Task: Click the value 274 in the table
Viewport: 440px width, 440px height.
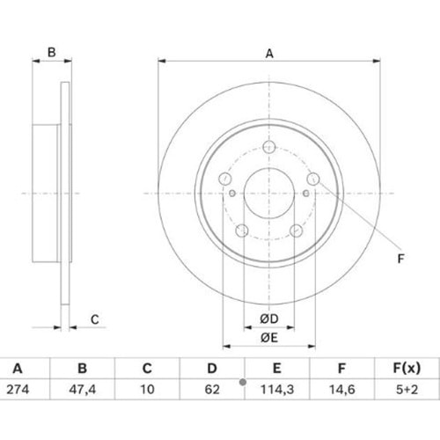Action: coord(18,390)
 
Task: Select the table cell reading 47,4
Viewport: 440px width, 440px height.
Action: coord(83,390)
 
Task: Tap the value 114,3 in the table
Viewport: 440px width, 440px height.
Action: coord(277,390)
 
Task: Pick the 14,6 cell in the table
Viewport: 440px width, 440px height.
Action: coord(342,390)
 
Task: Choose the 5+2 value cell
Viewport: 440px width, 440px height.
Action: coord(407,390)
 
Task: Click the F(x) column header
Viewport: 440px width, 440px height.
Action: coord(407,368)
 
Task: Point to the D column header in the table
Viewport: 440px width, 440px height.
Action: coord(212,368)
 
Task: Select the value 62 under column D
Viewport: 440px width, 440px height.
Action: coord(212,390)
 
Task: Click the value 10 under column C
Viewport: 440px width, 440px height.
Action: coord(147,390)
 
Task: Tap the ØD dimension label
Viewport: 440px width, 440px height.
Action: coord(269,319)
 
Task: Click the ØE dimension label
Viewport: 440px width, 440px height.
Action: coord(269,338)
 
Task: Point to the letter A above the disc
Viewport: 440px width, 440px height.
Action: coord(269,54)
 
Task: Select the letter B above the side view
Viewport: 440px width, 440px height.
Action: coord(52,52)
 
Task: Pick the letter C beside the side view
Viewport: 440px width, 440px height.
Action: coord(95,319)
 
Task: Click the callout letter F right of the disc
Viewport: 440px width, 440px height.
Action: coord(400,259)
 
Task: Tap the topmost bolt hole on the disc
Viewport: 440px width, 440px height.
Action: coord(269,147)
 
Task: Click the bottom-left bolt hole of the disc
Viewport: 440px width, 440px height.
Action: coord(242,231)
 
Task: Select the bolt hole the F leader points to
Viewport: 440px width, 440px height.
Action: coord(313,179)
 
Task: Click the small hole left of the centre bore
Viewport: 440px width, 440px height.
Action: coord(232,194)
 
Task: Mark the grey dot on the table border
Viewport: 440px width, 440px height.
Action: coord(243,382)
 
